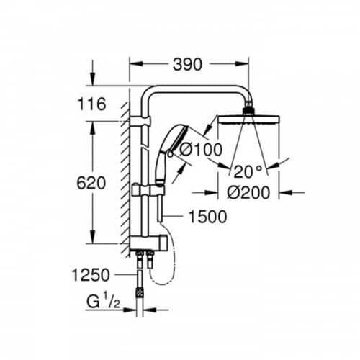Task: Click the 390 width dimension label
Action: point(187,65)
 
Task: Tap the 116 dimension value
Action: point(91,104)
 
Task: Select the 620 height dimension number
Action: point(91,183)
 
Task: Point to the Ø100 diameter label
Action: point(201,149)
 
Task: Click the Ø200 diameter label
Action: point(248,192)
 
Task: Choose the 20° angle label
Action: point(248,172)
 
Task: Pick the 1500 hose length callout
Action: point(207,217)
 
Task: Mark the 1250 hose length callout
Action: point(91,275)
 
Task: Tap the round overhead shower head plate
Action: point(248,120)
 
